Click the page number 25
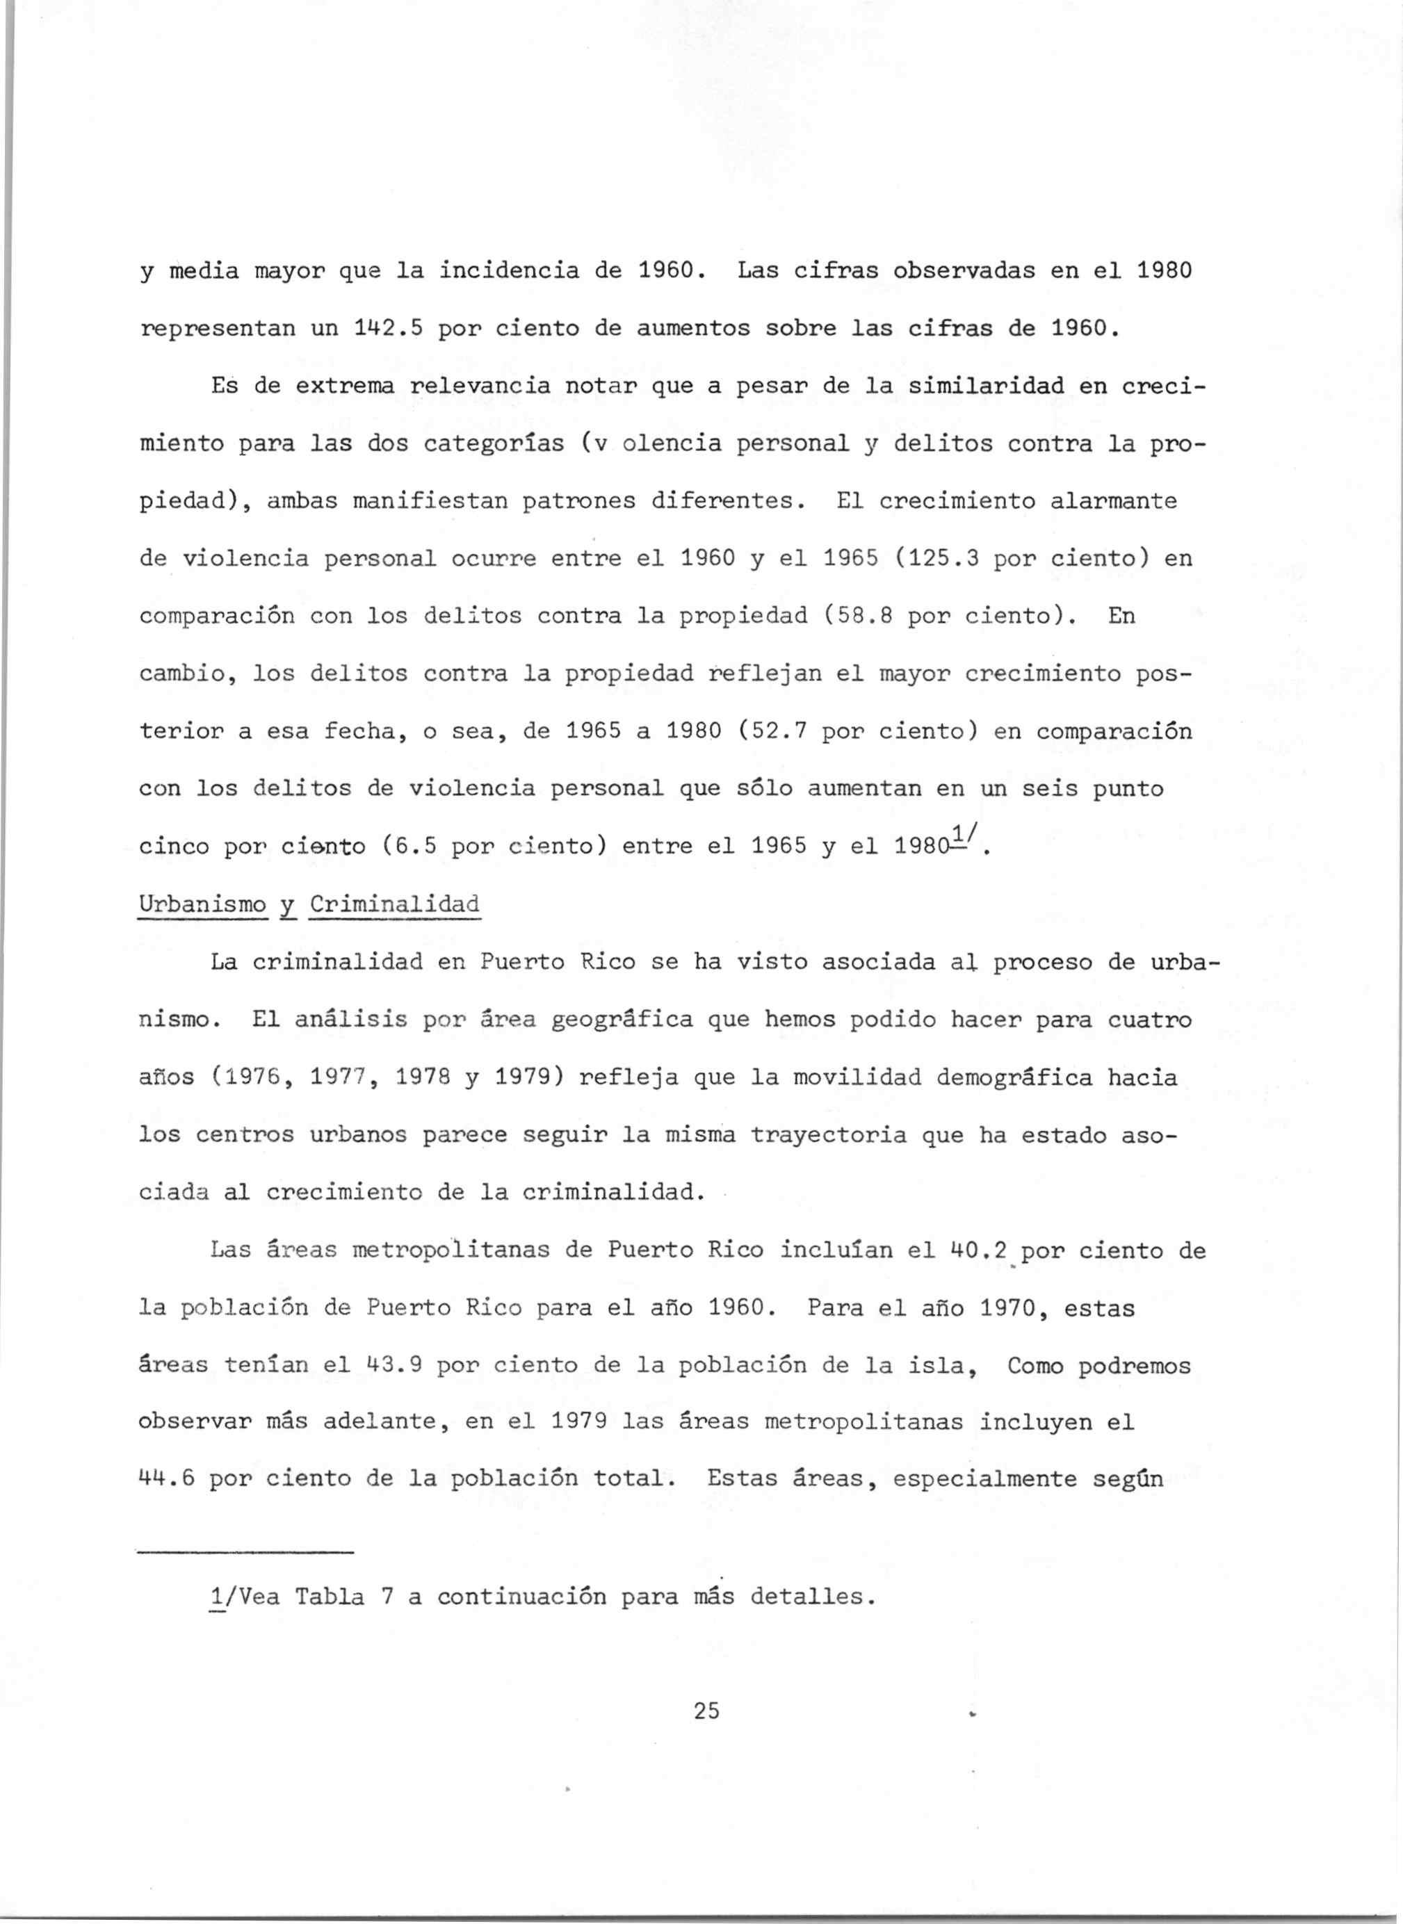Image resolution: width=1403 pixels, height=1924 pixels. coord(706,1711)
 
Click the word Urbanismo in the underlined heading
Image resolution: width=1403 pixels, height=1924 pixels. coord(202,904)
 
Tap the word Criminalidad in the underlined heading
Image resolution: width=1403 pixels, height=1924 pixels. coord(394,904)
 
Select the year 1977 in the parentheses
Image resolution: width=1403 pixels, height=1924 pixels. coord(337,1077)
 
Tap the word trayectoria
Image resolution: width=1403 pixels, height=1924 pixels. coord(828,1134)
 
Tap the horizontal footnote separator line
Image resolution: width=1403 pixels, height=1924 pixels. coord(245,1553)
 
